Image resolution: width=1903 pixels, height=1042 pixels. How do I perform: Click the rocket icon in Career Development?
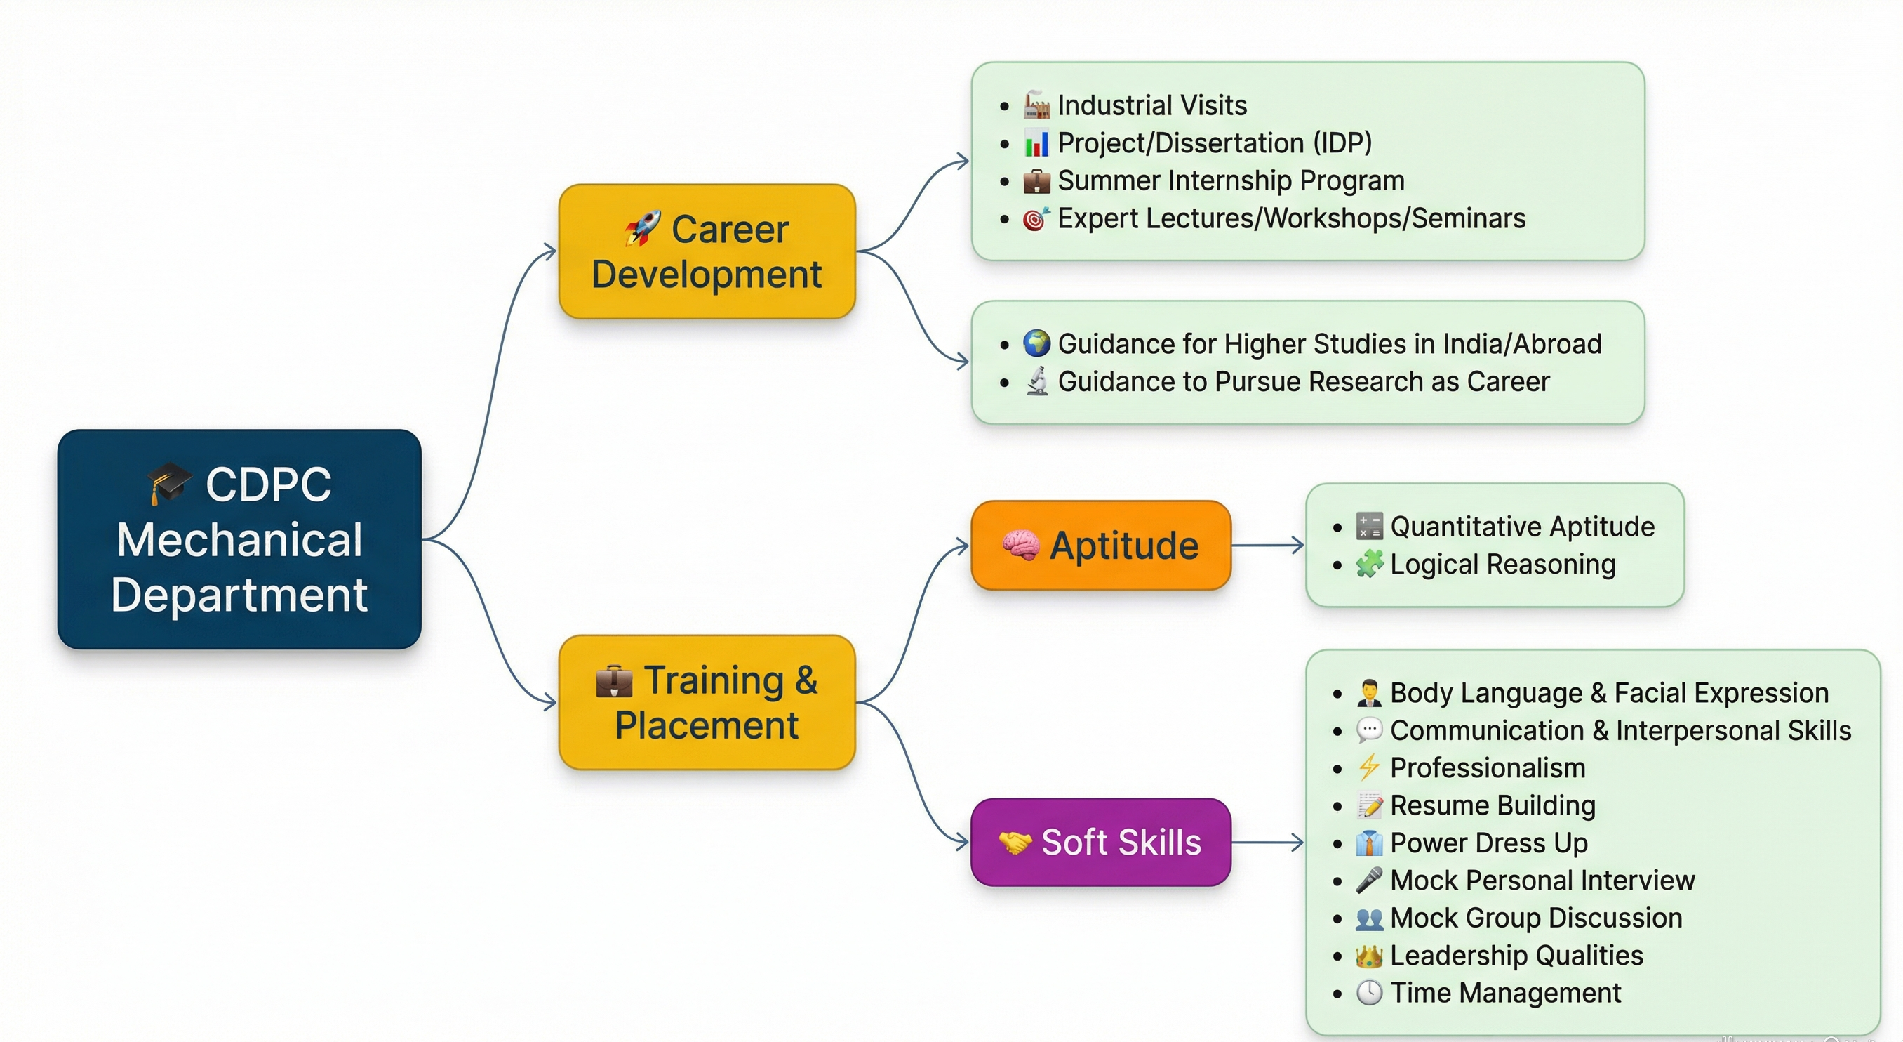tap(642, 227)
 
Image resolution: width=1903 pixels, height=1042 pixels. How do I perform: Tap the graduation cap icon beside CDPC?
tap(168, 483)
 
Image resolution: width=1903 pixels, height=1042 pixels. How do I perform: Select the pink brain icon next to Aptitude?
tap(1021, 546)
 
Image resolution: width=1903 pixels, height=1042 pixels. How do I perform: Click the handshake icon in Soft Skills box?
tap(1015, 842)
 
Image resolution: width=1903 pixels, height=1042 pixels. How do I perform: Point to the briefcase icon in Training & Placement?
tap(614, 680)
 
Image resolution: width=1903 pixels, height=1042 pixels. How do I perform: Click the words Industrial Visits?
tap(1151, 106)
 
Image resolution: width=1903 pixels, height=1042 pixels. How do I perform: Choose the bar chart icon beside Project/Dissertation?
tap(1036, 143)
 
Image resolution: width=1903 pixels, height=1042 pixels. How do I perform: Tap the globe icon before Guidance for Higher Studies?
tap(1036, 343)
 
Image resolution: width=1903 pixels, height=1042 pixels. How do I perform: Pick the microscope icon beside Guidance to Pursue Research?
tap(1037, 381)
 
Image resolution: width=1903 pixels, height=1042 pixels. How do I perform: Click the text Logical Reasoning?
tap(1502, 565)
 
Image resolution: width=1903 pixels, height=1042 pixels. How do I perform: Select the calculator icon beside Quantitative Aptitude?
tap(1369, 526)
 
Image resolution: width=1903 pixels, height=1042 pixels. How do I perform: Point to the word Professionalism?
tap(1488, 768)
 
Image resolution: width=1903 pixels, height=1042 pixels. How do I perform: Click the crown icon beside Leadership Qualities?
tap(1369, 956)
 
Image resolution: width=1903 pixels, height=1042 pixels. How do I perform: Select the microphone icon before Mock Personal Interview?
tap(1369, 881)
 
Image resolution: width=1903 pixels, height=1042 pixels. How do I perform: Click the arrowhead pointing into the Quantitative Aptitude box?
tap(1298, 546)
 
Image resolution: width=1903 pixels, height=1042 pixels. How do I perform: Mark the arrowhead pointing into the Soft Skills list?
tap(1298, 842)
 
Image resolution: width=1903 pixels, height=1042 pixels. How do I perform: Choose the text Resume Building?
tap(1493, 805)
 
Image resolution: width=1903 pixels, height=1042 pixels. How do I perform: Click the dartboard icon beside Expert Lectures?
tap(1036, 219)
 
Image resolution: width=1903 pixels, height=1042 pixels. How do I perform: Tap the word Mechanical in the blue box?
tap(239, 539)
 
